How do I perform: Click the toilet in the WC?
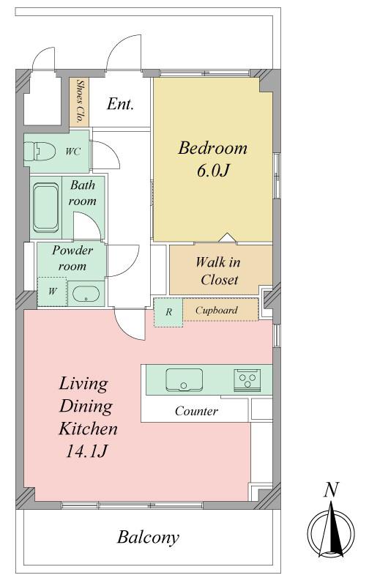[x=40, y=152]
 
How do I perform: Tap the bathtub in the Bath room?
[x=45, y=207]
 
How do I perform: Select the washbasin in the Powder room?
[x=86, y=294]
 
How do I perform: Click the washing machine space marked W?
[x=52, y=292]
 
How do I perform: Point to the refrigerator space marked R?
[x=168, y=313]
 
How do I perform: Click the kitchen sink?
[x=184, y=379]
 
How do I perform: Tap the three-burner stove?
[x=247, y=380]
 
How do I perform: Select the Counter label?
[x=196, y=411]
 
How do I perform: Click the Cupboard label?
[x=216, y=310]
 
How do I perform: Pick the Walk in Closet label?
[x=218, y=271]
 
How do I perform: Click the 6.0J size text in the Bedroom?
[x=212, y=171]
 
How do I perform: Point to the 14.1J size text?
[x=87, y=452]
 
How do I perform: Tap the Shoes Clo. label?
[x=80, y=101]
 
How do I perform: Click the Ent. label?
[x=120, y=103]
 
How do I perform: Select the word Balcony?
[x=149, y=538]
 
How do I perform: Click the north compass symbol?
[x=331, y=530]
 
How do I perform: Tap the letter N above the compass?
[x=331, y=489]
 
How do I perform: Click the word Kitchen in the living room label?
[x=88, y=429]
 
